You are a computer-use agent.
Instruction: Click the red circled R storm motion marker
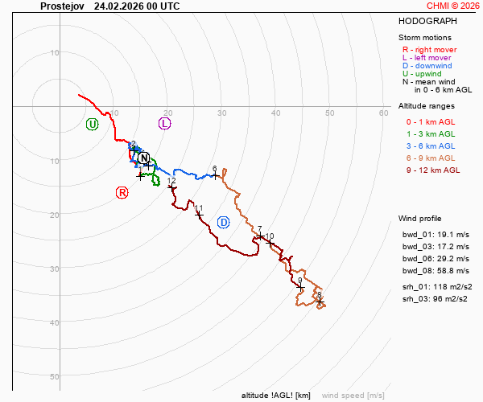122,192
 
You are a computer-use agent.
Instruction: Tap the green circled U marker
92,124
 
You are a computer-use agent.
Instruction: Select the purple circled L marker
165,123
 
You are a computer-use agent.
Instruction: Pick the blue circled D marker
224,222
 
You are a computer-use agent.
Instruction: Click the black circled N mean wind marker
144,158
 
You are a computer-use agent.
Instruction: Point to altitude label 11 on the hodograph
199,209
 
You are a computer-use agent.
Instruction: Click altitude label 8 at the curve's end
319,295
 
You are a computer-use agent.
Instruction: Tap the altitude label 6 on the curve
215,169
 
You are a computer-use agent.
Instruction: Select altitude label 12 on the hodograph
171,181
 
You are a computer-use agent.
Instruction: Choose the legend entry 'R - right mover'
429,49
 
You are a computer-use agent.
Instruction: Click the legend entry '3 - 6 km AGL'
431,146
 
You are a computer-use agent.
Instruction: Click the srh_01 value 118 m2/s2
455,287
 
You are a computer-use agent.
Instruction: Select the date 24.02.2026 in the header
119,6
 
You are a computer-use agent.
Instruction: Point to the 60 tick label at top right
384,113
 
